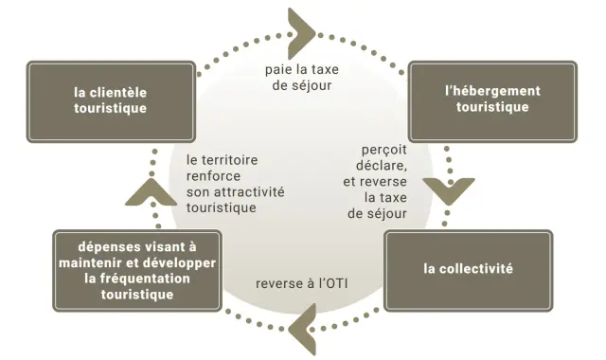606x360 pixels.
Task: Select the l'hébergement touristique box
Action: pos(492,99)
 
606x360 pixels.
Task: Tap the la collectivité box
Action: pos(468,269)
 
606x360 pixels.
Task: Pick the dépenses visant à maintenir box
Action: pos(137,270)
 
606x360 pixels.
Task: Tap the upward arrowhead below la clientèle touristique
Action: pos(145,191)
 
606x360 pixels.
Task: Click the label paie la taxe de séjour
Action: pos(300,77)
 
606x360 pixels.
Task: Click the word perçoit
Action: pos(383,150)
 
